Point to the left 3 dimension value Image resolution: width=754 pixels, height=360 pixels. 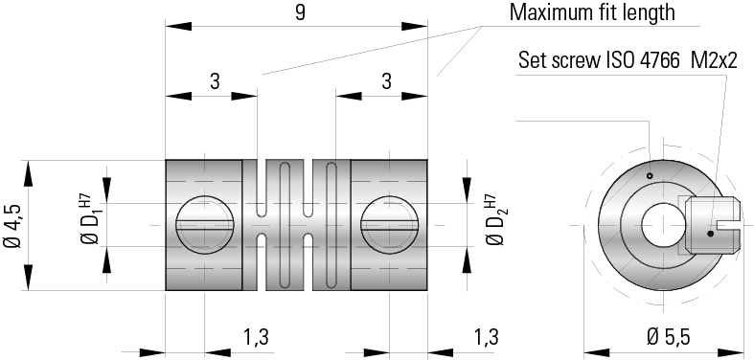(x=213, y=82)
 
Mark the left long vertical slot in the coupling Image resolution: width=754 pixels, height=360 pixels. (x=282, y=225)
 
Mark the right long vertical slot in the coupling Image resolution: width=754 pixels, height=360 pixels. (x=330, y=225)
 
